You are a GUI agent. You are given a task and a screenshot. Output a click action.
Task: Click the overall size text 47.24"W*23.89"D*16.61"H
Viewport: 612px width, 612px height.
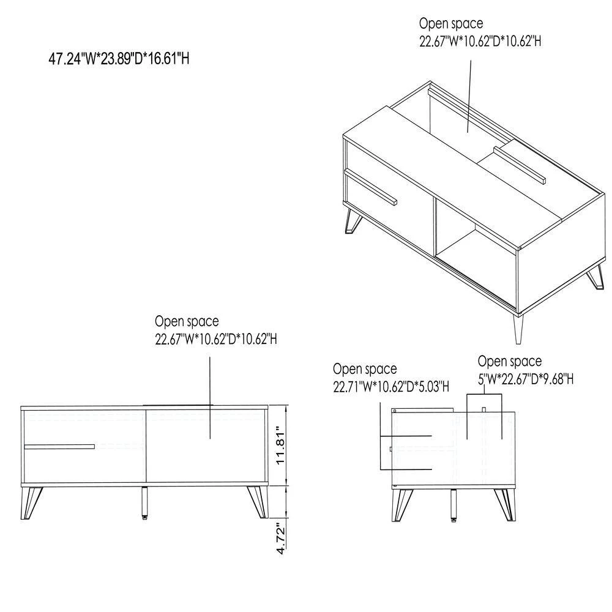click(x=119, y=59)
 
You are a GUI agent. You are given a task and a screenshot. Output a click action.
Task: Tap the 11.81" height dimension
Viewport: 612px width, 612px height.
click(x=281, y=448)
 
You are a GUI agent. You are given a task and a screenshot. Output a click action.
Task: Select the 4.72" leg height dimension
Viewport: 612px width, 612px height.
click(x=281, y=540)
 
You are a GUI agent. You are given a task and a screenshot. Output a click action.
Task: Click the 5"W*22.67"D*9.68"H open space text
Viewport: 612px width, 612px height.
click(x=526, y=379)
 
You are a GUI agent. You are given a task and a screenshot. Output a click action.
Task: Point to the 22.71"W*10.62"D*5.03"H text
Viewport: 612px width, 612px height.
click(x=391, y=386)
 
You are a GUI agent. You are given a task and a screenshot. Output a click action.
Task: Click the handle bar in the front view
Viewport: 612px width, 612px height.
click(x=59, y=447)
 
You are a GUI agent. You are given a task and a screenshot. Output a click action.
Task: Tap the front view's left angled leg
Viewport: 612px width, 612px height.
click(x=32, y=502)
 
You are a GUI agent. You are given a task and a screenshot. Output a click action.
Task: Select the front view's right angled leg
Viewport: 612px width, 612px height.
click(x=258, y=502)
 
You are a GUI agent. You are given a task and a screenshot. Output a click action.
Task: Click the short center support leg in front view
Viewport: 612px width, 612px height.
click(x=144, y=504)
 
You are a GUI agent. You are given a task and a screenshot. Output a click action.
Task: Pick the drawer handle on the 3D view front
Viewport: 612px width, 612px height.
click(x=370, y=187)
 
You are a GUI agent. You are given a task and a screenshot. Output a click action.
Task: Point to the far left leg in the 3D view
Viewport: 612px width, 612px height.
click(x=353, y=222)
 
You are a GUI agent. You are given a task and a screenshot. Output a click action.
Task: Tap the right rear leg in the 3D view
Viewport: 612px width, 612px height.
click(x=594, y=277)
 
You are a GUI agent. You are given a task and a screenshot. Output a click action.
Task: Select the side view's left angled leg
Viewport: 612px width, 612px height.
click(x=402, y=506)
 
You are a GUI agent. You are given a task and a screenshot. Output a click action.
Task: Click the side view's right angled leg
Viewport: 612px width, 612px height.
click(x=506, y=505)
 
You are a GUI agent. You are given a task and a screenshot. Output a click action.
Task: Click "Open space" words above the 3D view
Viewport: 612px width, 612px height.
click(x=451, y=23)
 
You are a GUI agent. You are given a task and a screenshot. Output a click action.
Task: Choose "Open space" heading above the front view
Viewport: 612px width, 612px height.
click(x=187, y=322)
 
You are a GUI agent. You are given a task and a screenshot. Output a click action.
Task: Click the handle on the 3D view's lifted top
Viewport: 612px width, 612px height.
click(x=519, y=165)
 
